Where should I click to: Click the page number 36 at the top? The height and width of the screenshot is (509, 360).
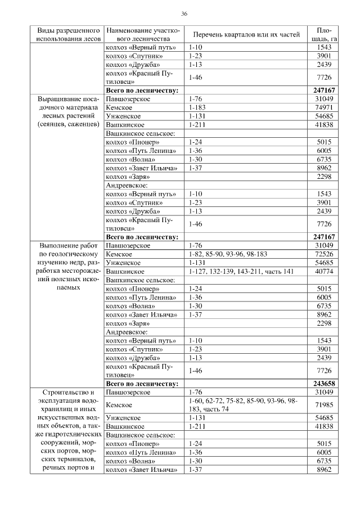pos(184,13)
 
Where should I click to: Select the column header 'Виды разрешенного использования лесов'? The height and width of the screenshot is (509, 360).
pos(69,34)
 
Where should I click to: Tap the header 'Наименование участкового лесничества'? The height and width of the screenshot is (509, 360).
pos(142,34)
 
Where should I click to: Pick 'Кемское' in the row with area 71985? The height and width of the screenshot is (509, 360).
pos(119,404)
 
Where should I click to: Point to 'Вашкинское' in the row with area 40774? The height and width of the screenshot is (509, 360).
pos(125,271)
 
